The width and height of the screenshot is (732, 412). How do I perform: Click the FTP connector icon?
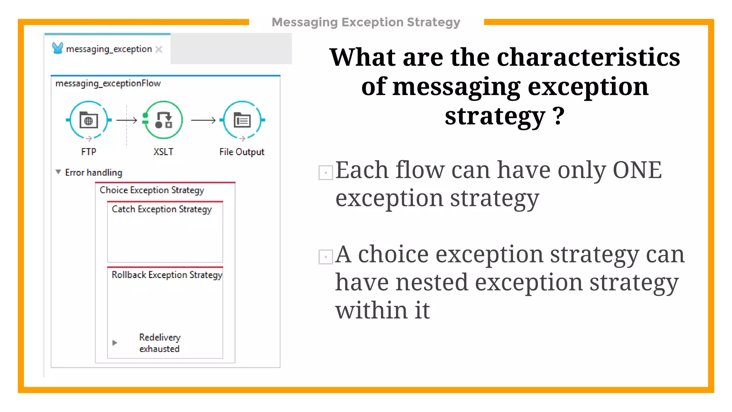(89, 120)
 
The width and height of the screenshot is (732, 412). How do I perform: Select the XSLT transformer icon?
(163, 120)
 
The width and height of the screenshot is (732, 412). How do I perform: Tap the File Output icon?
(242, 120)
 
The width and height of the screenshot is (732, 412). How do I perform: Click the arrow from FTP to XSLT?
(127, 120)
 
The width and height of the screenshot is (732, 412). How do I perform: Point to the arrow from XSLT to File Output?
(203, 120)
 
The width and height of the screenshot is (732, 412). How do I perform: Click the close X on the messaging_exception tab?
(159, 49)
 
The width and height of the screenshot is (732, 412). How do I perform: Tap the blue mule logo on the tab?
(57, 48)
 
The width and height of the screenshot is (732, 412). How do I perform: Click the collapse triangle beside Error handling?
(58, 172)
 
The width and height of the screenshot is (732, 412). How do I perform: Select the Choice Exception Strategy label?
(152, 190)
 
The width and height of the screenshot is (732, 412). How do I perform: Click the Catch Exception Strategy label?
(162, 209)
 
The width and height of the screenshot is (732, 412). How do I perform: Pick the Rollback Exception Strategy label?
(167, 275)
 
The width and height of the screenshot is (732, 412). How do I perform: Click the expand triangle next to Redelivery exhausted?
(114, 343)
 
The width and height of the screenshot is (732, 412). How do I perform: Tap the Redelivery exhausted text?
(159, 343)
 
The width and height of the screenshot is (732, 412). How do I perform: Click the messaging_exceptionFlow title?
(108, 83)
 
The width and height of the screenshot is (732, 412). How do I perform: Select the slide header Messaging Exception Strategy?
(366, 22)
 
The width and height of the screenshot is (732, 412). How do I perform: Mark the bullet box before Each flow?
(326, 173)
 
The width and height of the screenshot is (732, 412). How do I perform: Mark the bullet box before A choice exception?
(326, 257)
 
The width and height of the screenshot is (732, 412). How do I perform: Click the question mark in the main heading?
(558, 116)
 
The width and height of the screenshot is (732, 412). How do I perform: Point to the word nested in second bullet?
(436, 282)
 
